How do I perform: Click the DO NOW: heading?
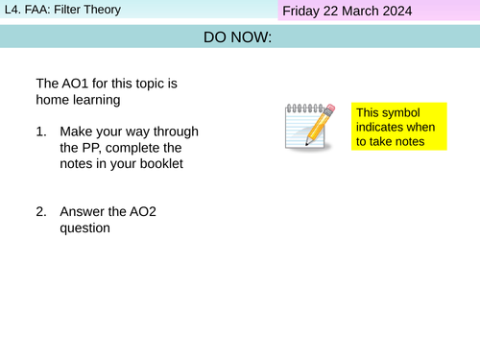[237, 37]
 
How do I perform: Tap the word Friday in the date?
[304, 12]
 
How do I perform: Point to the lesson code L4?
[12, 11]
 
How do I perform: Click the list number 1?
[41, 131]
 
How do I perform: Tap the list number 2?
[41, 211]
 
